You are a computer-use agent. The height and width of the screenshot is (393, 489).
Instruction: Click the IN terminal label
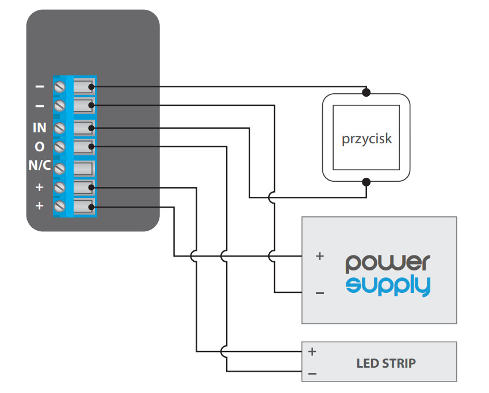pos(39,128)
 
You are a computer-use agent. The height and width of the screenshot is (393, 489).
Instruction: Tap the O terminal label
pos(40,147)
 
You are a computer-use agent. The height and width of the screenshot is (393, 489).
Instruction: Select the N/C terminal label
pos(40,165)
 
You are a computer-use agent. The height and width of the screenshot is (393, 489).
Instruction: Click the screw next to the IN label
pos(60,128)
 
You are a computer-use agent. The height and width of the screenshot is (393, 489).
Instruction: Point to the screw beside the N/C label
pos(60,169)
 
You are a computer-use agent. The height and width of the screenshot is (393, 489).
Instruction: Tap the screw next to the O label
pos(60,147)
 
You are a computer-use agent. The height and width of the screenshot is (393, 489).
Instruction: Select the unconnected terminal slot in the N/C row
pos(83,169)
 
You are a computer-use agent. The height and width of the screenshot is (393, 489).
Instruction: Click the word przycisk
pos(367,139)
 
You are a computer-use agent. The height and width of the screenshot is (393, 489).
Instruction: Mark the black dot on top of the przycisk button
pos(366,92)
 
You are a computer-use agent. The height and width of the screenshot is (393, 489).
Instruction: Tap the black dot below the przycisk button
pos(366,182)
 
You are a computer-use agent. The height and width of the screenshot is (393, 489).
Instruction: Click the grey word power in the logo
pos(388,264)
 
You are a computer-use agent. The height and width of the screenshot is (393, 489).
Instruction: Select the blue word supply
pos(388,285)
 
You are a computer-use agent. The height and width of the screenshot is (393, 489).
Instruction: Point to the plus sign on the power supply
pos(320,256)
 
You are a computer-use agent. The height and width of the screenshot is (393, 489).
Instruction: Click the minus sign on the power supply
pos(320,293)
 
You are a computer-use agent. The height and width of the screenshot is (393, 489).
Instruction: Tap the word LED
pos(368,364)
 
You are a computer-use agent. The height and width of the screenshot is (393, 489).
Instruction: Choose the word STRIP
pos(399,364)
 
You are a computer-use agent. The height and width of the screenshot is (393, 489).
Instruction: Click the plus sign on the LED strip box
pos(312,352)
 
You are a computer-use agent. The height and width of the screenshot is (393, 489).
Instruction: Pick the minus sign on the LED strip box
pos(312,373)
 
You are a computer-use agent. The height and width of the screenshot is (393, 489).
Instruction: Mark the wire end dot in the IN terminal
pos(91,128)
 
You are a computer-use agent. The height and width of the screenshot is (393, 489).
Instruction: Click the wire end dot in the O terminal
pos(91,147)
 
